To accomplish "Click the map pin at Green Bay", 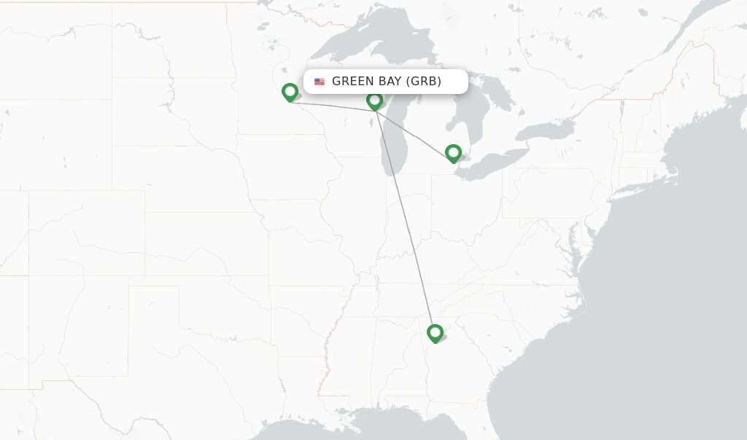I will (x=374, y=101).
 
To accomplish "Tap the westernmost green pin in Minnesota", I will (x=290, y=92).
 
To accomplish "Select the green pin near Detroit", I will (x=453, y=153).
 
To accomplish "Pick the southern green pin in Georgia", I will (x=435, y=333).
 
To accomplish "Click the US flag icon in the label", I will (x=320, y=82).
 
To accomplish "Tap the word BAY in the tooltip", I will (x=390, y=82).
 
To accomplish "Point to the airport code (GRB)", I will (x=424, y=82).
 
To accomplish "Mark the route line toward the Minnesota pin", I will (x=332, y=106).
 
